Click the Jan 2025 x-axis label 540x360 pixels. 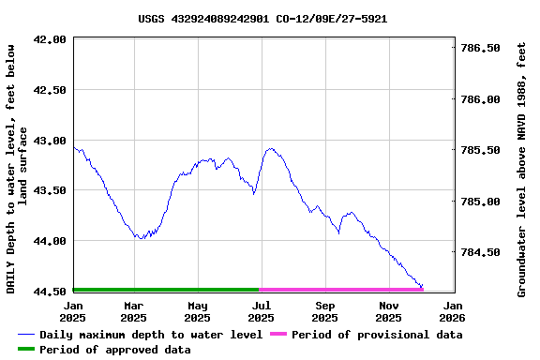tap(73, 311)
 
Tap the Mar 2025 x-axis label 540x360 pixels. tap(134, 311)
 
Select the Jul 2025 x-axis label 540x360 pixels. tap(262, 311)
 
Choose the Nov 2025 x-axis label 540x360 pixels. tap(390, 311)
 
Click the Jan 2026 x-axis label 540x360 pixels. tap(453, 311)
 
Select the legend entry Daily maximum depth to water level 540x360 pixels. tap(141, 335)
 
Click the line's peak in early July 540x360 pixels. tap(271, 148)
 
